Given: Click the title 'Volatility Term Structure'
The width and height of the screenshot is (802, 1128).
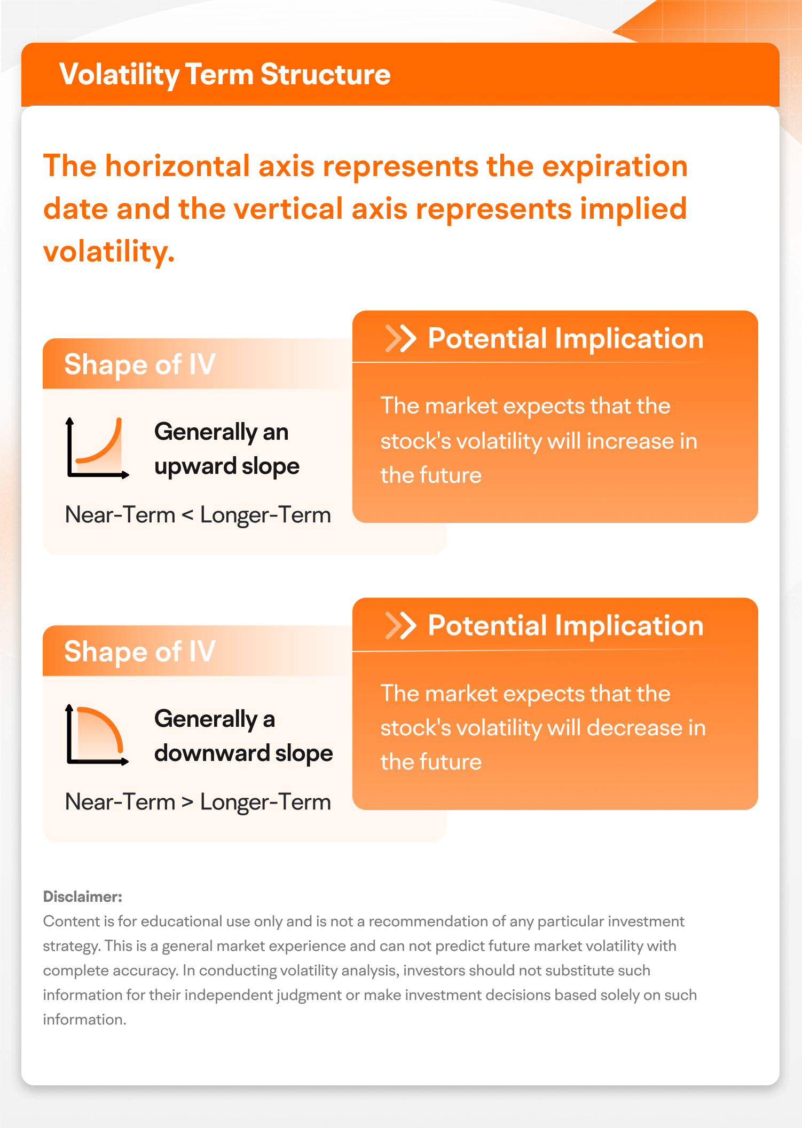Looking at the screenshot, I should [224, 74].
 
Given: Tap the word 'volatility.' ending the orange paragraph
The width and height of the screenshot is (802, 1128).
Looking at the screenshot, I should [109, 251].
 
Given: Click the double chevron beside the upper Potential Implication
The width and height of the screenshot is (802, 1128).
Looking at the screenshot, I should [400, 338].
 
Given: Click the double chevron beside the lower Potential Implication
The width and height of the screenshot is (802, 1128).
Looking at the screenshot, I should [400, 625].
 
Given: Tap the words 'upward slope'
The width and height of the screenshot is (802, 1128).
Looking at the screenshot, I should [226, 467].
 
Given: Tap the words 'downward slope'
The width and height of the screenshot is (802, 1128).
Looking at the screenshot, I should [243, 753].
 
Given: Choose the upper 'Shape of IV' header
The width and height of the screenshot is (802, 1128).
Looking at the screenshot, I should [140, 364].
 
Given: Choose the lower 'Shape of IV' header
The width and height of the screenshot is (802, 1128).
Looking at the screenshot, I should [140, 652].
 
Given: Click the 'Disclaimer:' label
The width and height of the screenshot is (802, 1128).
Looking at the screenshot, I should [83, 896].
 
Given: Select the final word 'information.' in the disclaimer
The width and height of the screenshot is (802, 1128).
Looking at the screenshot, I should [84, 1020].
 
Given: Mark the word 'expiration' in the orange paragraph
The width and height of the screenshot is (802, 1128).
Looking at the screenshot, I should [615, 166].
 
